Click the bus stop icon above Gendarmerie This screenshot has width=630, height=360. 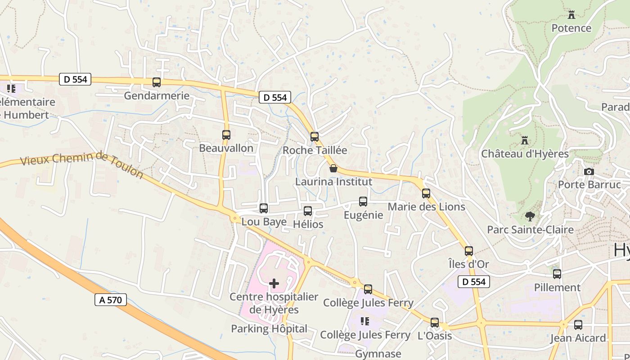point(157,82)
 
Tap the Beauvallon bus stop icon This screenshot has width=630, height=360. point(226,135)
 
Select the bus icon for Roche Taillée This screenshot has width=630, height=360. point(315,136)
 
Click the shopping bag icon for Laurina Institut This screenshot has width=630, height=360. point(333,168)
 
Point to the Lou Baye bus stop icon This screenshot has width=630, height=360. point(264,208)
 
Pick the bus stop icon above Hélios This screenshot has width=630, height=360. point(308,211)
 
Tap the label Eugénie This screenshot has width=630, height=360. point(363,215)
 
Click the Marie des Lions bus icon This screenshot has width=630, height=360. point(426,193)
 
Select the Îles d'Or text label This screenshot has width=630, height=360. point(468,264)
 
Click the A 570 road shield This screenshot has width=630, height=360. point(111,300)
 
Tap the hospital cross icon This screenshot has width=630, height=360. point(274,283)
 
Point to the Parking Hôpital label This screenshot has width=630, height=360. point(269,329)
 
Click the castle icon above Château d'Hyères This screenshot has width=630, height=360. point(524,140)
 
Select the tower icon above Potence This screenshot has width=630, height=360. point(571,15)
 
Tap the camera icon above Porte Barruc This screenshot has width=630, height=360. point(589,171)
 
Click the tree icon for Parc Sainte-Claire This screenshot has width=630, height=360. point(530,216)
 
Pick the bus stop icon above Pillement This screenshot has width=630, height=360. point(557,274)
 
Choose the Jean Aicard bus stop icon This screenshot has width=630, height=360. point(578,325)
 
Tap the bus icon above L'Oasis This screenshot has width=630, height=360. point(435,323)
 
